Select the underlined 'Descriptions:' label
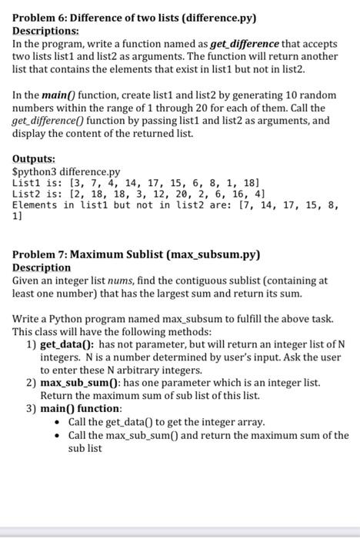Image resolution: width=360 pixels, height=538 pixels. (x=45, y=28)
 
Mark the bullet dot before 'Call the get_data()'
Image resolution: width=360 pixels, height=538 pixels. (x=59, y=422)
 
